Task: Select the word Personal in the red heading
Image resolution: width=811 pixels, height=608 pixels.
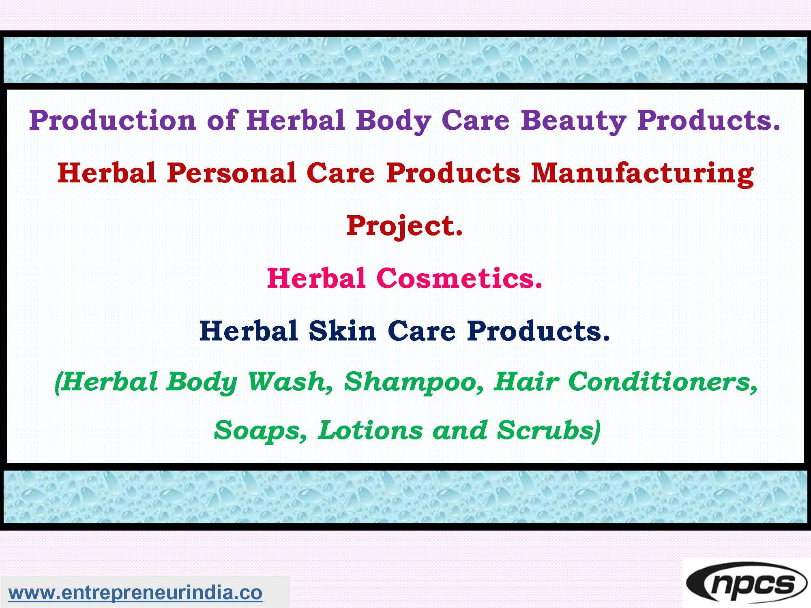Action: click(x=231, y=173)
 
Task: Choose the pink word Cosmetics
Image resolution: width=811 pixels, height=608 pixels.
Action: click(x=459, y=278)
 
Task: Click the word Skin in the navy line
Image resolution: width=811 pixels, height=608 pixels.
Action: click(x=342, y=331)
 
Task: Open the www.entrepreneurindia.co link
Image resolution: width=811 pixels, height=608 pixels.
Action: click(x=135, y=593)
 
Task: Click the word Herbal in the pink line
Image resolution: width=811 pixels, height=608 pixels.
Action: click(x=316, y=278)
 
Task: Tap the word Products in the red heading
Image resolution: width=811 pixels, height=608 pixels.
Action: click(x=453, y=173)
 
